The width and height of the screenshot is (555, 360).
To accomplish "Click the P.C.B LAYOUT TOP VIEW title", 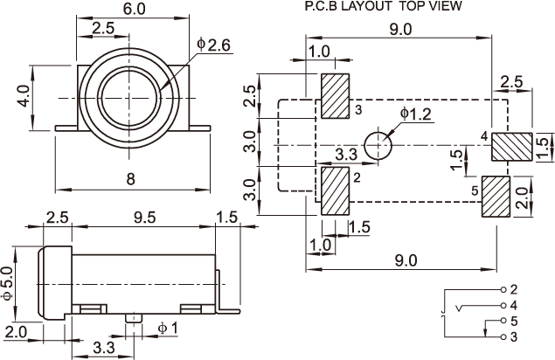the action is (384, 6).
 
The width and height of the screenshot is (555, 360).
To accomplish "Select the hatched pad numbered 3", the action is (336, 96).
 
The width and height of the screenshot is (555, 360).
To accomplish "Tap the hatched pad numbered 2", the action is (336, 191).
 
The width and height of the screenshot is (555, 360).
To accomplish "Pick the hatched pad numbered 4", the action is (512, 147).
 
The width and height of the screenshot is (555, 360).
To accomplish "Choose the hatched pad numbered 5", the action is (496, 197).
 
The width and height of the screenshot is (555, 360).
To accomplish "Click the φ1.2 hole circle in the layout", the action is (378, 146).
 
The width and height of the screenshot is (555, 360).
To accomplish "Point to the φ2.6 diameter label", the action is (214, 45).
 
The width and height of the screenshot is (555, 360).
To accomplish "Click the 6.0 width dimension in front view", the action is (134, 9).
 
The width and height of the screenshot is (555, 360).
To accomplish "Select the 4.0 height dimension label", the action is (24, 96).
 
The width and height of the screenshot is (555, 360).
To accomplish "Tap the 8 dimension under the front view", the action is (131, 179).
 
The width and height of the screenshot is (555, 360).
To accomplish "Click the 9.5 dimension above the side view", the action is (144, 218).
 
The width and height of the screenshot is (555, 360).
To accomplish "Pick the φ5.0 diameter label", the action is (8, 283).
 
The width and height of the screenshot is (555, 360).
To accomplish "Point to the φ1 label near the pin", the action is (167, 329).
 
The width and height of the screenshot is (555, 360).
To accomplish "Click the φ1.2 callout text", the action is (416, 114).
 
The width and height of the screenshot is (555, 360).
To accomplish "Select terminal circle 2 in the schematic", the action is (503, 290).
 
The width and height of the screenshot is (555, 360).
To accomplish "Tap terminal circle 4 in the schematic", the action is (503, 306).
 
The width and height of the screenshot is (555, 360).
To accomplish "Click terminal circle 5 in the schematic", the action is (503, 321).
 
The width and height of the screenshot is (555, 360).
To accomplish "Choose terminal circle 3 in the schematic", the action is (503, 336).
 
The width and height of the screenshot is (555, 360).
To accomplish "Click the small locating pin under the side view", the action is (134, 318).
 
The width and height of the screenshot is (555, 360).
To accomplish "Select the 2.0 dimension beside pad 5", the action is (522, 197).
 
